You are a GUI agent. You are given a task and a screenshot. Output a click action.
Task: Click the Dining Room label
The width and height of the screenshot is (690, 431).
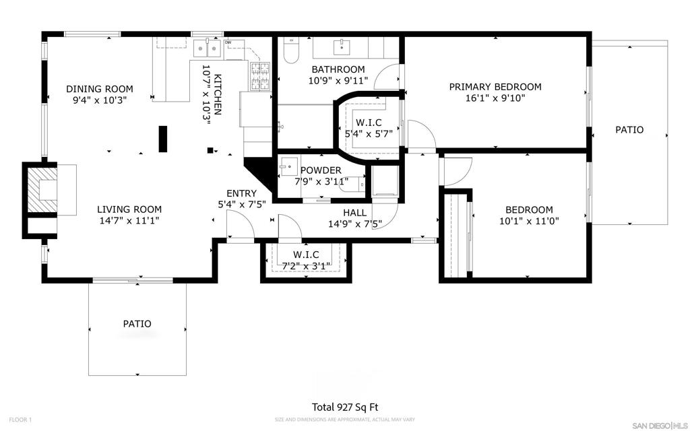(x=99, y=89)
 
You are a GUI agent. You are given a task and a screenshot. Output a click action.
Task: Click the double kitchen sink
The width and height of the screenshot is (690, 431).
(x=208, y=48)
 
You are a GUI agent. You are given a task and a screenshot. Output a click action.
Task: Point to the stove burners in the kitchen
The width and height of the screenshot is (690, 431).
(x=261, y=75)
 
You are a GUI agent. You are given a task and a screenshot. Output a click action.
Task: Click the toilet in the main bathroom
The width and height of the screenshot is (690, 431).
(x=290, y=50)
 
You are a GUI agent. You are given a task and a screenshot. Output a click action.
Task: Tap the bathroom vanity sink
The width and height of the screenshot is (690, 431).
(x=342, y=47)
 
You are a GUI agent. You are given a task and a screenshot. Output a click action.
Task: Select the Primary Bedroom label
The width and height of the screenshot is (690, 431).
(x=495, y=87)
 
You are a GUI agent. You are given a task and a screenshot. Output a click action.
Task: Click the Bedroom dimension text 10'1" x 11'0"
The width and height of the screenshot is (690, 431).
(x=529, y=220)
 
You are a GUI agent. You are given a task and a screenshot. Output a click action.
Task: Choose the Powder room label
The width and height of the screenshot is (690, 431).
(x=321, y=170)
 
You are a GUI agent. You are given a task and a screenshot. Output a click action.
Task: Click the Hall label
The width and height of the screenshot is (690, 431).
(x=354, y=213)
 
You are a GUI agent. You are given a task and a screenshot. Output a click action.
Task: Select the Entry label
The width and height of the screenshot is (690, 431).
(x=241, y=193)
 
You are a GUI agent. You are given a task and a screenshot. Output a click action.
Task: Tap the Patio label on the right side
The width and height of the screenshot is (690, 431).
(x=629, y=130)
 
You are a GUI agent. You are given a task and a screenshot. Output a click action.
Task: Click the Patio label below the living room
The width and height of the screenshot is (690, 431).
(x=137, y=324)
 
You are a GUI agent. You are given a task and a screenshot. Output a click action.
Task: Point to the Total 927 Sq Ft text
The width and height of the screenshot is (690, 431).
(x=345, y=407)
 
